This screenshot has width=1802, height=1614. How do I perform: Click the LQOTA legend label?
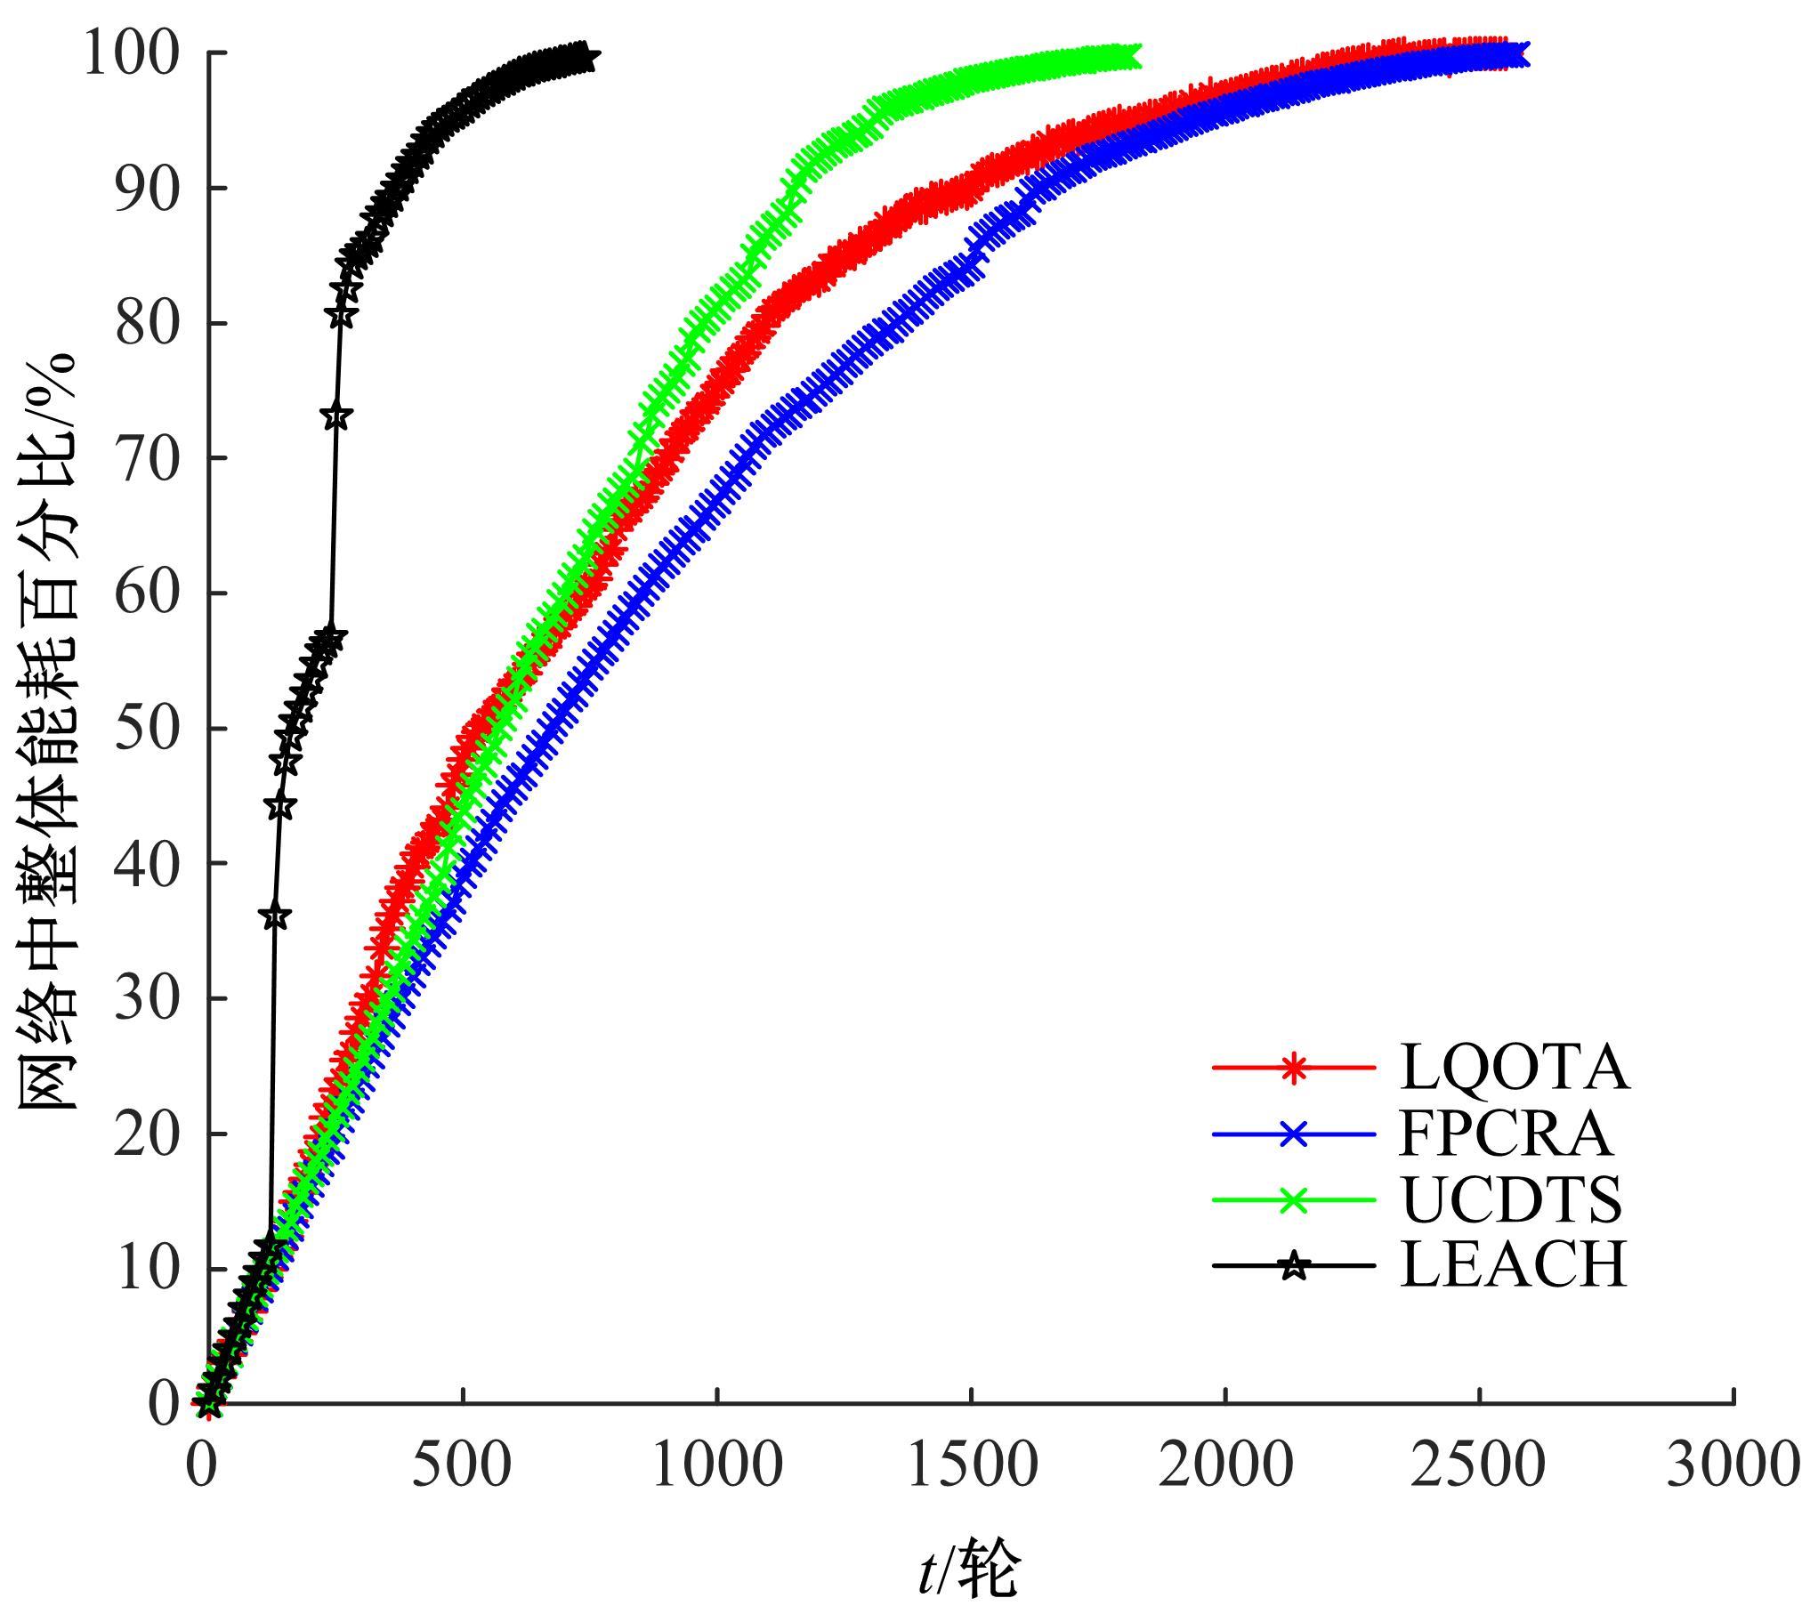pyautogui.click(x=1514, y=1067)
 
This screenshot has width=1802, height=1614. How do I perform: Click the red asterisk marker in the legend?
pyautogui.click(x=1293, y=1067)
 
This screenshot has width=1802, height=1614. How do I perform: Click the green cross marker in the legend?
pyautogui.click(x=1293, y=1199)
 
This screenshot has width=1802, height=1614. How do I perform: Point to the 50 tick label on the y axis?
pyautogui.click(x=146, y=728)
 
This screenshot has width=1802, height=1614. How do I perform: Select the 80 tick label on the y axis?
pyautogui.click(x=146, y=323)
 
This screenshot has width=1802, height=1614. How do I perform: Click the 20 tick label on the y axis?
pyautogui.click(x=146, y=1134)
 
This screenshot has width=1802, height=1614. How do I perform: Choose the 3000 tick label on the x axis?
pyautogui.click(x=1732, y=1465)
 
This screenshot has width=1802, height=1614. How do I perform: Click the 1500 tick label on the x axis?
pyautogui.click(x=971, y=1465)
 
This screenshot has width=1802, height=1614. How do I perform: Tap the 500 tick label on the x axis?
pyautogui.click(x=462, y=1465)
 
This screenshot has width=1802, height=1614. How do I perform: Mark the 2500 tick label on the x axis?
pyautogui.click(x=1478, y=1465)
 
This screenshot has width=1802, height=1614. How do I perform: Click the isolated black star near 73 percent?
pyautogui.click(x=335, y=416)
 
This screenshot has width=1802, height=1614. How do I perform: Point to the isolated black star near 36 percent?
pyautogui.click(x=276, y=916)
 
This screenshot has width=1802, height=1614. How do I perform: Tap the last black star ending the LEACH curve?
pyautogui.click(x=585, y=59)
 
